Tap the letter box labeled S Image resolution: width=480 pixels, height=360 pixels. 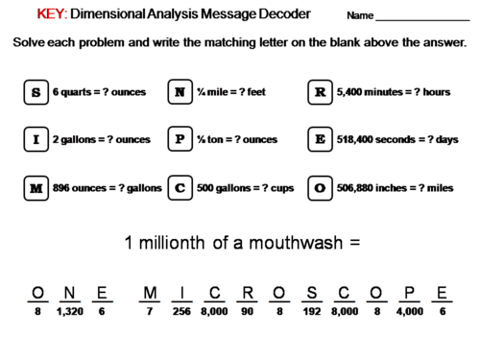tap(36, 92)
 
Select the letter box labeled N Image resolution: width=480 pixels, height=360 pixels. tap(180, 92)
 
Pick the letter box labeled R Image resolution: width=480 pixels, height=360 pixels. tap(320, 92)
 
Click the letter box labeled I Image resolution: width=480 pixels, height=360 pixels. tap(36, 139)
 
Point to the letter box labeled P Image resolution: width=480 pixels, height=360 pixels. tap(180, 139)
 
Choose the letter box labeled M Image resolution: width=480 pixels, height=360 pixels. tap(36, 187)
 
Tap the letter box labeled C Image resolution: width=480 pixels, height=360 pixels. tap(180, 187)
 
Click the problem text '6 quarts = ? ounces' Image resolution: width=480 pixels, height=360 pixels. tap(99, 92)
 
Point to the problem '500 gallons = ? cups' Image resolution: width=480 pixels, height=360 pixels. tap(240, 187)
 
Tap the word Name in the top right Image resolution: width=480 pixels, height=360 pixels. tap(359, 17)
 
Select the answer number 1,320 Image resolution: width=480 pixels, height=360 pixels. tap(69, 311)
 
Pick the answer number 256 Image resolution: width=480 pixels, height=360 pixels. tap(184, 311)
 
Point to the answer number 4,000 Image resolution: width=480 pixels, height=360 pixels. tap(409, 311)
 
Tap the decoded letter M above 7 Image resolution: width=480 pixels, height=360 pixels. tap(149, 293)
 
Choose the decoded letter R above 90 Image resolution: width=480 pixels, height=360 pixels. tap(247, 293)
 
